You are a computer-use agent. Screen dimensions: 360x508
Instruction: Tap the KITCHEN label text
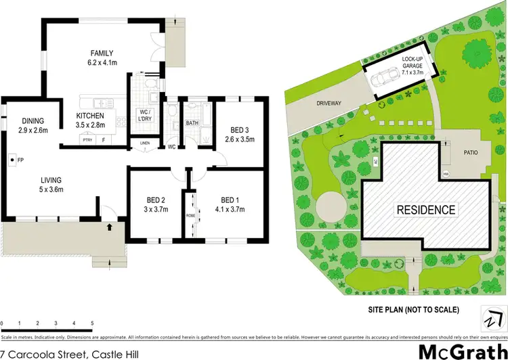click(89, 116)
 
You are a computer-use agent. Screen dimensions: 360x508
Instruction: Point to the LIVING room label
click(51, 180)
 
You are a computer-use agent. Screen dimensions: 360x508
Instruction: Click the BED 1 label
click(231, 200)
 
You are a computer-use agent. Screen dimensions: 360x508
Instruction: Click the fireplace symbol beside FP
click(13, 160)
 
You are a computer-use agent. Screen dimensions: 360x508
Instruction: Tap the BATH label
click(192, 123)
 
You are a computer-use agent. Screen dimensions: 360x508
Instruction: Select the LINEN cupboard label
click(144, 143)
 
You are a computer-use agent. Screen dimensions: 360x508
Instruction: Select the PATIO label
click(471, 152)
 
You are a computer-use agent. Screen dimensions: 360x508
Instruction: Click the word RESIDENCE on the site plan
click(426, 209)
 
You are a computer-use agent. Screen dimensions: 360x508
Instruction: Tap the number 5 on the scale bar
click(92, 323)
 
